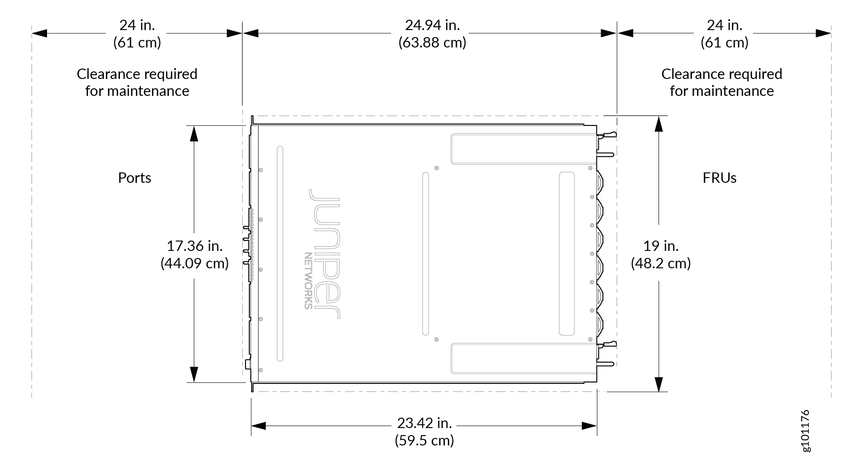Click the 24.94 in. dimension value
point(432,24)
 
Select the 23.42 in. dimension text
point(424,423)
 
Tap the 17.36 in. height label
point(195,246)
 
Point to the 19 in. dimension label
point(661,246)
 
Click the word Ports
point(135,178)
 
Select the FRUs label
point(720,178)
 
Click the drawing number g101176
point(805,430)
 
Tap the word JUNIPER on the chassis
point(325,254)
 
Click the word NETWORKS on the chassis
point(308,281)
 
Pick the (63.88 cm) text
point(432,42)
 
